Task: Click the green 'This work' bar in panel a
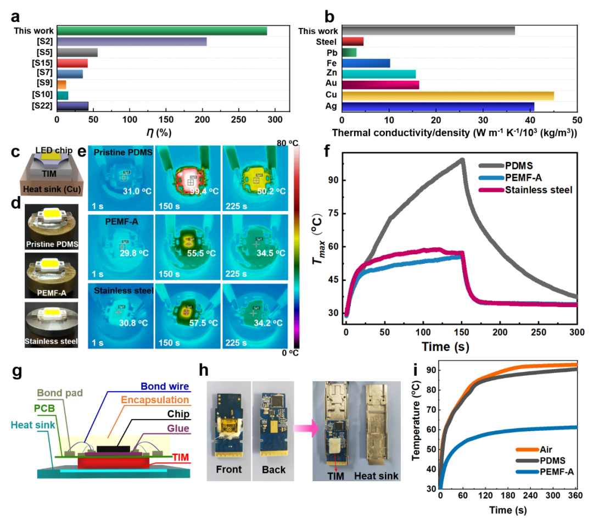click(162, 31)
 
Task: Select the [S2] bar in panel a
click(132, 42)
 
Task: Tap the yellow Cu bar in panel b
click(448, 96)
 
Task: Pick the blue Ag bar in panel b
click(438, 107)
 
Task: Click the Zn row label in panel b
click(331, 73)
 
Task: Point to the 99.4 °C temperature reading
click(204, 192)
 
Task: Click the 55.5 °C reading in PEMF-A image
click(201, 253)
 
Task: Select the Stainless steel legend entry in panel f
click(525, 190)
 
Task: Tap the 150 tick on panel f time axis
click(461, 332)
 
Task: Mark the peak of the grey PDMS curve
click(462, 159)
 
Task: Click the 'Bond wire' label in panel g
click(165, 386)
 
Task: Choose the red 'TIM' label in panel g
click(181, 458)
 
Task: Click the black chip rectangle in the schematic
click(113, 449)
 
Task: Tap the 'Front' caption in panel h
click(229, 470)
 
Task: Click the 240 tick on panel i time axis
click(530, 495)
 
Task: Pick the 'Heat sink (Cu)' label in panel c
click(52, 189)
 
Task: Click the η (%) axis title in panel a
click(159, 132)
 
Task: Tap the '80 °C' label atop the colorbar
click(287, 143)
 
